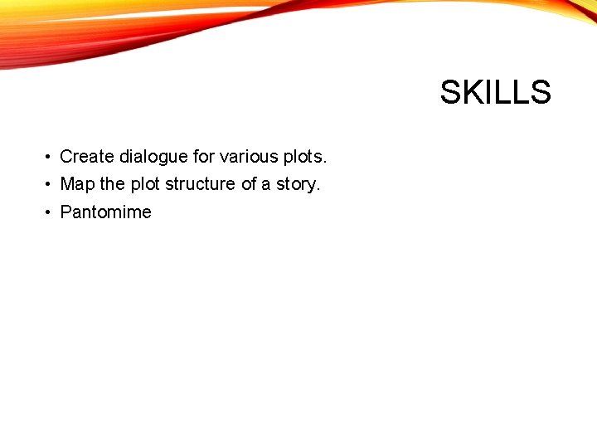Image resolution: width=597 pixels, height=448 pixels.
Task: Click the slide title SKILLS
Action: (x=495, y=92)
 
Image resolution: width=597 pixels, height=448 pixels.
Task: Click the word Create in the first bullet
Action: (x=87, y=156)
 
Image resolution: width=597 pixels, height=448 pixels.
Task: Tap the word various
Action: (x=245, y=156)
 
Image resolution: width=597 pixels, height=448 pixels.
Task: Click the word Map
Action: (x=78, y=184)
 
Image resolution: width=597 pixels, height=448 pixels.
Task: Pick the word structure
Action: (x=201, y=184)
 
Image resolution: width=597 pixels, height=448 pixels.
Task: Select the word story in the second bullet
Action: (x=296, y=184)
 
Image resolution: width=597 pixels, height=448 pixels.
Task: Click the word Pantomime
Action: (x=106, y=212)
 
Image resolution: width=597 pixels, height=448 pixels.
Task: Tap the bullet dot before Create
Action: (x=50, y=157)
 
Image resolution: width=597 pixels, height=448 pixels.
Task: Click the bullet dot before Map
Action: (x=50, y=185)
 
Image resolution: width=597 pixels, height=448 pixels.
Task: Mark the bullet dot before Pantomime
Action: (x=50, y=213)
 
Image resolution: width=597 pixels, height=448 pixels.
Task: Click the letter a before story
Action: (x=266, y=185)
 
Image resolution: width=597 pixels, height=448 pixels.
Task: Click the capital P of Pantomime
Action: (x=66, y=212)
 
